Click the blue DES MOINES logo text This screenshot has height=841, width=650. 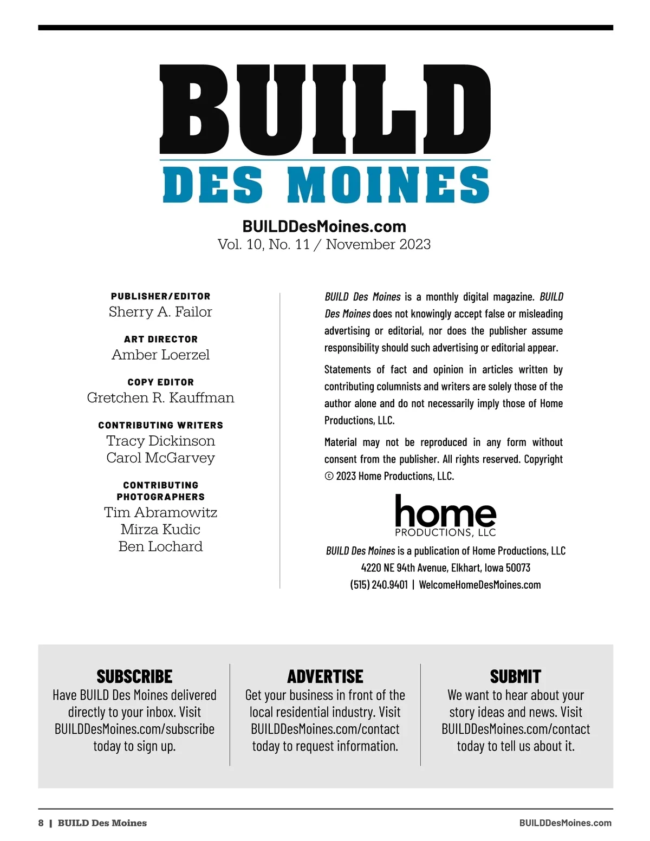(326, 185)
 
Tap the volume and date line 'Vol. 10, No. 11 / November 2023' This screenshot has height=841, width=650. (324, 244)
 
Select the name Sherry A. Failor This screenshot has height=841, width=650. (160, 312)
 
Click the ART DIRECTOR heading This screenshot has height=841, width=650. (161, 340)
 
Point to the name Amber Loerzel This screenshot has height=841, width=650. (160, 355)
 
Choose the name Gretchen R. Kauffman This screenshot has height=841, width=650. (160, 397)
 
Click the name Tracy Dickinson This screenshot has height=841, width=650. (160, 441)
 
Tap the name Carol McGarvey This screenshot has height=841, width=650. (160, 458)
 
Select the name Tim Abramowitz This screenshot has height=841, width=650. (160, 512)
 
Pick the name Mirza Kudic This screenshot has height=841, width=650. (160, 529)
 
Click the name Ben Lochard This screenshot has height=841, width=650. (160, 546)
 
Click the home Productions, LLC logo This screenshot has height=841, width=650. (445, 516)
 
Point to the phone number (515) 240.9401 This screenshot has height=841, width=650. (379, 585)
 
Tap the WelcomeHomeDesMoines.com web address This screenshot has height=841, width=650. (480, 585)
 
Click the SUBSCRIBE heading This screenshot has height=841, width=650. (134, 676)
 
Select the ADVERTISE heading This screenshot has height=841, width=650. (325, 676)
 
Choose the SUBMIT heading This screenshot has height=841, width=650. (515, 676)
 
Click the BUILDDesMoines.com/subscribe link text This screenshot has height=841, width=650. (134, 729)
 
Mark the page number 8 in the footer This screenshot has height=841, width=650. (41, 823)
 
